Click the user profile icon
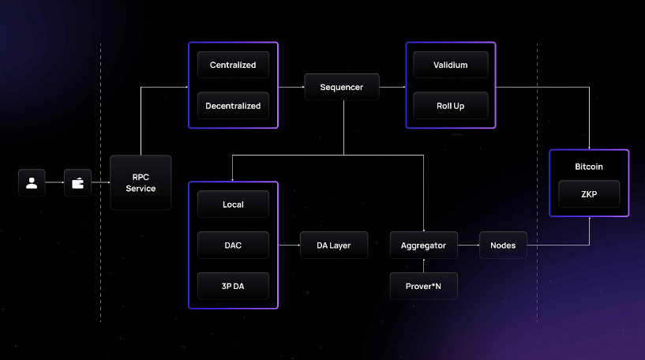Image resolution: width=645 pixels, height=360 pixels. (x=32, y=183)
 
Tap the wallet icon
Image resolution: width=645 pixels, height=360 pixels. (x=77, y=183)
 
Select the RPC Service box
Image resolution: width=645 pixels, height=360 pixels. (x=141, y=182)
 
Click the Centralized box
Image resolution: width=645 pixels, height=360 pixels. (x=233, y=65)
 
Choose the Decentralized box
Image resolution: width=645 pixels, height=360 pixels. (x=233, y=105)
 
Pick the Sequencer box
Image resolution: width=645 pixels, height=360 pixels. (x=342, y=87)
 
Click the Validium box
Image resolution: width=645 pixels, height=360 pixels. (x=451, y=65)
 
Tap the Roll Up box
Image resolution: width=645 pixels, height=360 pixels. (x=451, y=105)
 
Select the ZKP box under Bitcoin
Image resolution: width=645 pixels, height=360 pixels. (x=589, y=194)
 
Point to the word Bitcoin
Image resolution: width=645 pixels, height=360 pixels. (x=589, y=167)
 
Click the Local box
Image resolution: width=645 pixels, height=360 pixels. (x=233, y=204)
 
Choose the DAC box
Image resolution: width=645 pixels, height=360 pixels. (x=233, y=246)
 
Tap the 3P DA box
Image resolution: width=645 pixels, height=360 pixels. (x=233, y=286)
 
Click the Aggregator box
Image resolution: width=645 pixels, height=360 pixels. (x=423, y=246)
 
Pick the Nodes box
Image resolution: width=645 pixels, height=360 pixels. (x=503, y=246)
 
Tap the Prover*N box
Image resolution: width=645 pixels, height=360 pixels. (x=423, y=286)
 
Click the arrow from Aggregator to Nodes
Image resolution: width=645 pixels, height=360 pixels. (x=468, y=246)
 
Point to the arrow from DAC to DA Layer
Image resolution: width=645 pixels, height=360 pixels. (x=289, y=246)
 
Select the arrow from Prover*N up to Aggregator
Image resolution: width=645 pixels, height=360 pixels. (x=424, y=266)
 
